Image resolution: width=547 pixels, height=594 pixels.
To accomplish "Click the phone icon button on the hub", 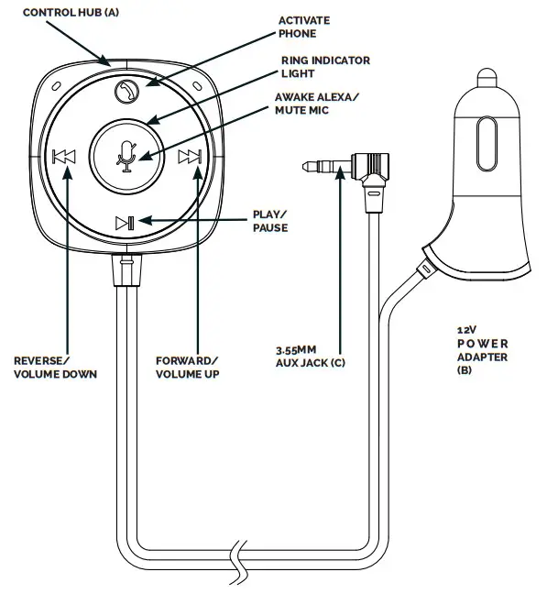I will (126, 91).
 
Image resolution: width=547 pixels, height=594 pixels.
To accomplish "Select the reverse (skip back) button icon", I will (64, 157).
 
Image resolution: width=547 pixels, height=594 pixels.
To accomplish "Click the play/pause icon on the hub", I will (126, 222).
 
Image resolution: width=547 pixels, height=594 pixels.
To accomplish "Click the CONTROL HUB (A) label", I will (56, 12).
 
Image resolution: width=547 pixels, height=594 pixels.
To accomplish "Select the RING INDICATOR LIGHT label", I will (325, 67).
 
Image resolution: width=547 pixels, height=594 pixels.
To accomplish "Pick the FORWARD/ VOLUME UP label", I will (190, 367).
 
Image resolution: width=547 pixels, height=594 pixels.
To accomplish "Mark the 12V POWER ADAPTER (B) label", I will (482, 348).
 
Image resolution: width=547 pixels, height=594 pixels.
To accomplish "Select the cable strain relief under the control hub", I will (126, 268).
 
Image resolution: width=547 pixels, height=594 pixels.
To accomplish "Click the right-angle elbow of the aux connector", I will (373, 169).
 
